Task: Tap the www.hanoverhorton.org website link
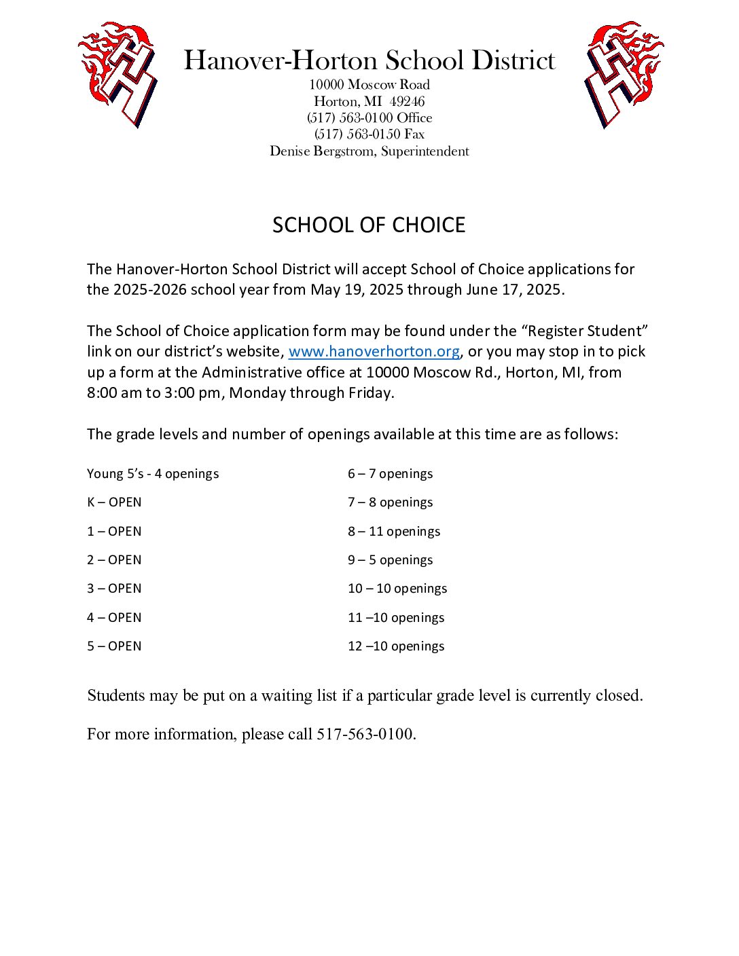coord(374,352)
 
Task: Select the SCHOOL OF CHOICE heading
coord(369,225)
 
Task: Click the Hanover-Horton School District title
coord(369,60)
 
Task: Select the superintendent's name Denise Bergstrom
coord(321,151)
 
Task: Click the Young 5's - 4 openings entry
coord(153,474)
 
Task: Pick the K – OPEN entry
coord(114,502)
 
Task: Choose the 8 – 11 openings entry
coord(394,532)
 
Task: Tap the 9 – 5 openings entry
coord(390,560)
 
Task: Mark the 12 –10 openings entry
coord(396,646)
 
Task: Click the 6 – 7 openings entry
coord(390,474)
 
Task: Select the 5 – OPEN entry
coord(114,646)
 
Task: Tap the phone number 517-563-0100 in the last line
coord(365,734)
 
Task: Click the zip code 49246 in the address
coord(408,102)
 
